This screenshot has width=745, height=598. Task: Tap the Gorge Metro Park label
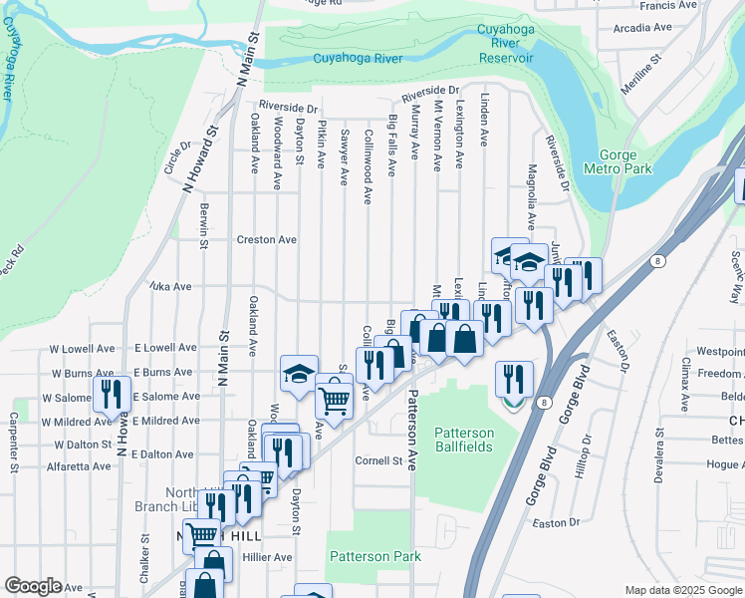tap(625, 161)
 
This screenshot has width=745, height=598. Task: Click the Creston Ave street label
tap(267, 239)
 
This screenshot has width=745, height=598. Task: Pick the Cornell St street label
tap(379, 460)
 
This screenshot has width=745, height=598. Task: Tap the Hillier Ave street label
tap(268, 557)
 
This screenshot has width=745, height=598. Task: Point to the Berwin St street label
tap(203, 225)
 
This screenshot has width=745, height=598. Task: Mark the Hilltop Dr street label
tap(589, 454)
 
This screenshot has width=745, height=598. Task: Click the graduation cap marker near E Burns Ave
tap(299, 373)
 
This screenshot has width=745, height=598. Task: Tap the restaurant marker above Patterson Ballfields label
tap(514, 378)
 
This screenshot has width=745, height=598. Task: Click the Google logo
tap(34, 586)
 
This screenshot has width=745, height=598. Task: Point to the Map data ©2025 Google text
tap(684, 590)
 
